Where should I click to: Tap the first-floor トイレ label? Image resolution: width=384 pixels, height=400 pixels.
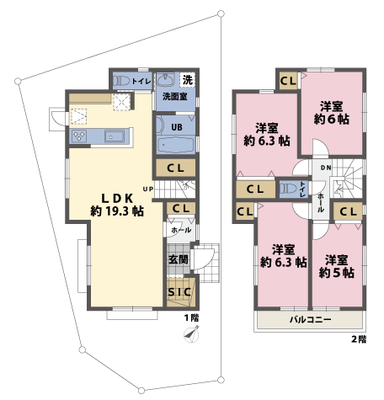coord(141,81)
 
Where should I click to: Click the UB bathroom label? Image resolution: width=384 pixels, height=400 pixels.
coord(177,129)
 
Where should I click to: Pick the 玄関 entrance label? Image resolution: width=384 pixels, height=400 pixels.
coord(178,260)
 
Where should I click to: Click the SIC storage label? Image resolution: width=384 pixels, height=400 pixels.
coord(179,291)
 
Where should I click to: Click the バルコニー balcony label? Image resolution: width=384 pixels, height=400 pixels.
coord(310,321)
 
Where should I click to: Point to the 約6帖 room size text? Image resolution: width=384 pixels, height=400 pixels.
coord(331,121)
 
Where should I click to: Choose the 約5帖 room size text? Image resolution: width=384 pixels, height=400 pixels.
coord(337,274)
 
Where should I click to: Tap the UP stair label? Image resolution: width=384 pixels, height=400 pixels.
coord(148,188)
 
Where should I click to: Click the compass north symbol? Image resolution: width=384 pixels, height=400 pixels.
coord(191,334)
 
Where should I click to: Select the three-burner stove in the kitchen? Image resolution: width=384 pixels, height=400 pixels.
coord(81,135)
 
